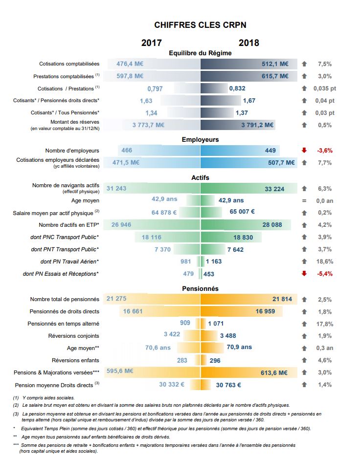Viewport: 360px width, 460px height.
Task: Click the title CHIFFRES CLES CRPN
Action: coord(200,25)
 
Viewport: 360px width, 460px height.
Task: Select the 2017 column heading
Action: coord(152,43)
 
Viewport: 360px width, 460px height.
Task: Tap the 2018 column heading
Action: coord(248,43)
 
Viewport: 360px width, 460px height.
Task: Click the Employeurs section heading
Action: coord(200,140)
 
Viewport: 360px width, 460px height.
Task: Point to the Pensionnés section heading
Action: coord(200,289)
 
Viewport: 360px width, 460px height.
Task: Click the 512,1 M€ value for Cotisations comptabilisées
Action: coord(275,64)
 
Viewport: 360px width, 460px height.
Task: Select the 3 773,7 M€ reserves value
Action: coord(148,125)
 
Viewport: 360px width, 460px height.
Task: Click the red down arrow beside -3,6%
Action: coord(304,150)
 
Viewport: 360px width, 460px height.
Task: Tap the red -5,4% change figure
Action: coord(325,274)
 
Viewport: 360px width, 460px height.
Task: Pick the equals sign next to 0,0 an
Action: coord(304,200)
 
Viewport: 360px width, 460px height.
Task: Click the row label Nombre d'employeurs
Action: coord(72,151)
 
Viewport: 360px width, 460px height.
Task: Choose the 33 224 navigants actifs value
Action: coord(274,189)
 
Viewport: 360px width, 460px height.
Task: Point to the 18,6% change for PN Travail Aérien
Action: coord(325,262)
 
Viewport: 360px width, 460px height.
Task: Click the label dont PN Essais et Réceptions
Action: coord(61,274)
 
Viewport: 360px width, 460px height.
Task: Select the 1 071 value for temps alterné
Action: coord(216,324)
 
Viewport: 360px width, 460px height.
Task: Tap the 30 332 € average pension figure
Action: coord(172,384)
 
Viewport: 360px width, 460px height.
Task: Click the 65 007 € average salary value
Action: coord(242,212)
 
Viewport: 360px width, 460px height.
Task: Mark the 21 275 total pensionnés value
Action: coord(116,299)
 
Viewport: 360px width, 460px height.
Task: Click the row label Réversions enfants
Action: coord(75,360)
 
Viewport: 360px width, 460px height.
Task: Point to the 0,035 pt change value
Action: coord(325,88)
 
